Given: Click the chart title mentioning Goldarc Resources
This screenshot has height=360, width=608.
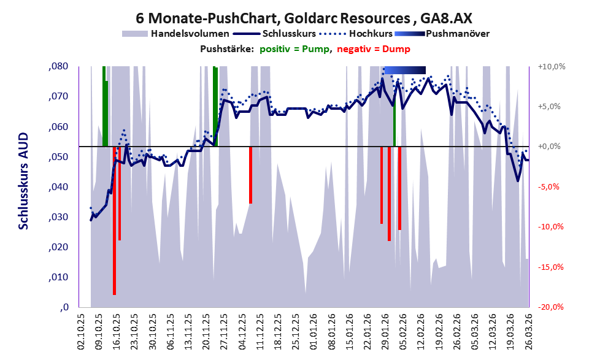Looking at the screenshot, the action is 304,18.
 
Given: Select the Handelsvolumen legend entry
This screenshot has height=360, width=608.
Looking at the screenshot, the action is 175,34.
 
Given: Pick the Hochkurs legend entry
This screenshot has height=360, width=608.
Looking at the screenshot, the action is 356,34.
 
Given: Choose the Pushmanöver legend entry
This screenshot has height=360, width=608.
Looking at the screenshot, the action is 442,34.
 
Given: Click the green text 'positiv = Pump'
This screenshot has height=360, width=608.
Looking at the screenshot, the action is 294,49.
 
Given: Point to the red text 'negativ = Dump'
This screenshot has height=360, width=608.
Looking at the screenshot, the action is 374,49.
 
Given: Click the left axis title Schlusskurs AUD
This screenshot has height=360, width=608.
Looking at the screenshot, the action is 23,181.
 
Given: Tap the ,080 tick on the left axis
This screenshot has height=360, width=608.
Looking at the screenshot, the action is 58,66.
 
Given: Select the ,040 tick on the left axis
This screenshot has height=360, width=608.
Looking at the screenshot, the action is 58,187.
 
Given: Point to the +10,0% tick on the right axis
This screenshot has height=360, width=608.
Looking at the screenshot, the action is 552,67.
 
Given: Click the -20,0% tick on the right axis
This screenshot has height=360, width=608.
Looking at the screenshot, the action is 550,307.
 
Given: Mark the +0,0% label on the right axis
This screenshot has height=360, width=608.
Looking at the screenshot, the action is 550,147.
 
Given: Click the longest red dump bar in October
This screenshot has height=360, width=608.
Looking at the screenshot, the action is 114,221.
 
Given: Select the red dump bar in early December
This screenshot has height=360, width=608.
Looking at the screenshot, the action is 250,175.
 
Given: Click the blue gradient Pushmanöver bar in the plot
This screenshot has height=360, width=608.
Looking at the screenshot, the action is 405,70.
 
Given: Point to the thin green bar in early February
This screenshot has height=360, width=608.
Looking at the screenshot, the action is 394,126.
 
